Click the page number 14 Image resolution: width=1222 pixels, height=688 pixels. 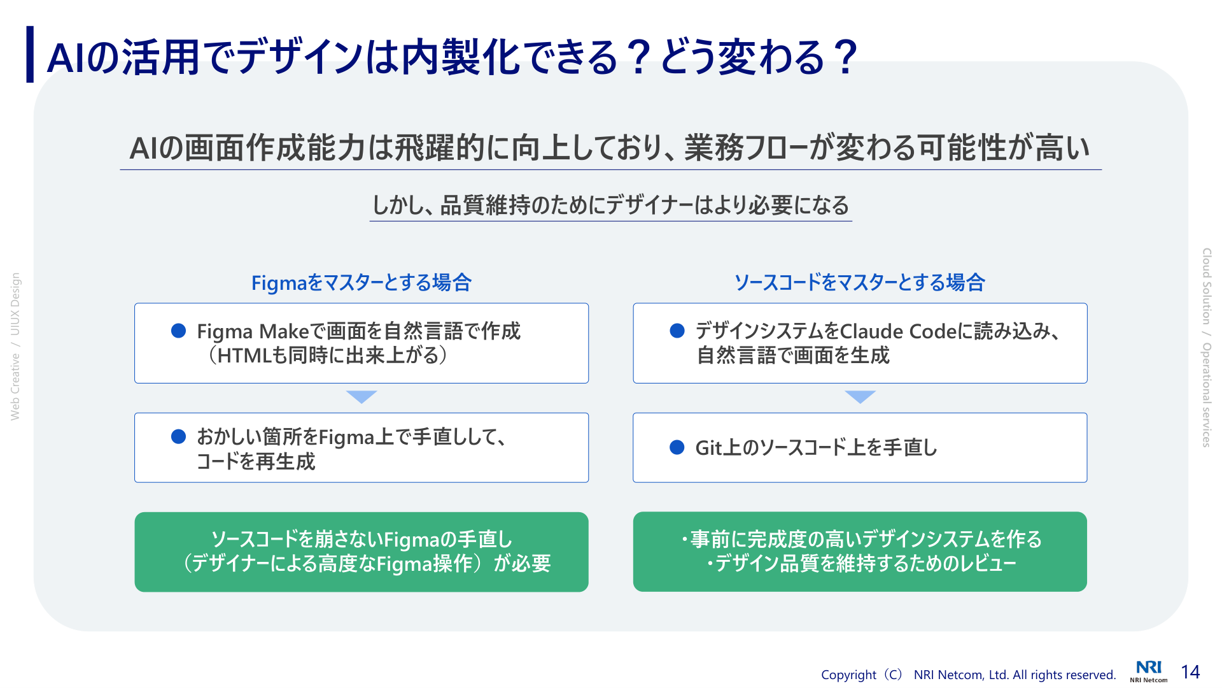pyautogui.click(x=1190, y=672)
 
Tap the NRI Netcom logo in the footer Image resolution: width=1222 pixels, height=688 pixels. pyautogui.click(x=1149, y=671)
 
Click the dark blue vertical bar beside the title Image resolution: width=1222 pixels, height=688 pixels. pyautogui.click(x=30, y=54)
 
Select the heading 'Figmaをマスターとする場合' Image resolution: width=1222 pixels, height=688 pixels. pyautogui.click(x=362, y=282)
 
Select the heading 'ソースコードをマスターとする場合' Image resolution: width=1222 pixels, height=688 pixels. pyautogui.click(x=860, y=282)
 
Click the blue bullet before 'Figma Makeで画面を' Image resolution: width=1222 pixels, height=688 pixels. pyautogui.click(x=179, y=331)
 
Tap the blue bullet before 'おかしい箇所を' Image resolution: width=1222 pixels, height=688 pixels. pyautogui.click(x=179, y=436)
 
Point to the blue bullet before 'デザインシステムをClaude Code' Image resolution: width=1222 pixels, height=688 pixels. pyautogui.click(x=677, y=331)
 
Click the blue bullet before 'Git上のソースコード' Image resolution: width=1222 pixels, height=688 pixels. pyautogui.click(x=677, y=448)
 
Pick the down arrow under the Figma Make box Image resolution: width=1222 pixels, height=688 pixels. pyautogui.click(x=362, y=396)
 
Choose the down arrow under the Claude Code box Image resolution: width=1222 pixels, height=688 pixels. pyautogui.click(x=860, y=396)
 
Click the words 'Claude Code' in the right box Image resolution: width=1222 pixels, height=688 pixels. pyautogui.click(x=899, y=331)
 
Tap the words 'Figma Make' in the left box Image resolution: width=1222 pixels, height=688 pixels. pyautogui.click(x=253, y=331)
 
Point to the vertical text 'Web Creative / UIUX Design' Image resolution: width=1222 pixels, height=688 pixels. pyautogui.click(x=15, y=347)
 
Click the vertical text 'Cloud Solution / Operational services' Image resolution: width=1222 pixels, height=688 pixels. pyautogui.click(x=1207, y=348)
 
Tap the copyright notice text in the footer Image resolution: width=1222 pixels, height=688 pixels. pyautogui.click(x=969, y=675)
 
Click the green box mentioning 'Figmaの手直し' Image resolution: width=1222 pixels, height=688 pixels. pyautogui.click(x=362, y=552)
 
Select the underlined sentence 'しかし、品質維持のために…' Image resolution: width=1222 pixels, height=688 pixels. pyautogui.click(x=611, y=205)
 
